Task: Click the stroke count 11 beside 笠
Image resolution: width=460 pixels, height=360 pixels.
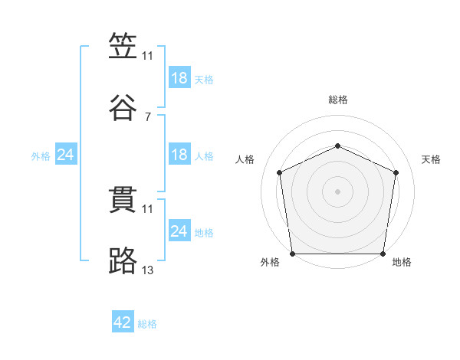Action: (148, 56)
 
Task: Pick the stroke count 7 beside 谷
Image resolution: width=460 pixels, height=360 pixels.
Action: (148, 117)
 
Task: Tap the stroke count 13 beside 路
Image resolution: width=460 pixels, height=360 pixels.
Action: (148, 270)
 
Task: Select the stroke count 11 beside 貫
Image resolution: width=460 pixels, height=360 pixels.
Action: (148, 208)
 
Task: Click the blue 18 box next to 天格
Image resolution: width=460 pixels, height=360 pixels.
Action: (179, 78)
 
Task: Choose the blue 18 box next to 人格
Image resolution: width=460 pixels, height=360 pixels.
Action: (179, 155)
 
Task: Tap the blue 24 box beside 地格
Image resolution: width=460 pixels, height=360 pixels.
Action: (179, 231)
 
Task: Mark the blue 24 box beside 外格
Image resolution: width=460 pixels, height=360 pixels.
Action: (66, 155)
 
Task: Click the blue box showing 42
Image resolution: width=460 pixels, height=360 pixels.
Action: (123, 323)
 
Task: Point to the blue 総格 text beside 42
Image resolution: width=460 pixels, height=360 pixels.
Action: (147, 324)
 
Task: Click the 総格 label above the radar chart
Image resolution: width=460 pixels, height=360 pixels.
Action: (338, 100)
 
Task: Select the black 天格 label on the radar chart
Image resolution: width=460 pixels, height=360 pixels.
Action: (431, 159)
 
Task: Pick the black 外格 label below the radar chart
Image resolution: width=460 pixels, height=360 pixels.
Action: (270, 262)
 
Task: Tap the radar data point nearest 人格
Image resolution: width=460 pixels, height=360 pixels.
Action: (280, 172)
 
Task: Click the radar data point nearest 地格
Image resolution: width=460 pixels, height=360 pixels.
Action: (383, 254)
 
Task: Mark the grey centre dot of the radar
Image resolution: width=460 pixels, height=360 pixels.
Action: (338, 191)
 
